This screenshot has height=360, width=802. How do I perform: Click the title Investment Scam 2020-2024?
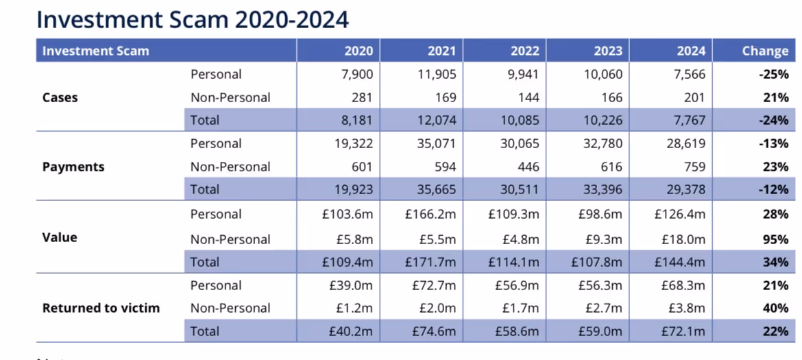193,19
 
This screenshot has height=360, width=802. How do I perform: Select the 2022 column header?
524,51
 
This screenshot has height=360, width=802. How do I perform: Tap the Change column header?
765,51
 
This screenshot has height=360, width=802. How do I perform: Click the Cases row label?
60,97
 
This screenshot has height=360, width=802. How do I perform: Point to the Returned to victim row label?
101,308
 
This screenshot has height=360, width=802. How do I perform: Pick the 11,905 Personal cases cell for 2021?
437,74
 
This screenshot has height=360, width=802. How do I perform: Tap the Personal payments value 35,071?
437,143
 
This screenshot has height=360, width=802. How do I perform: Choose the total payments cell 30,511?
520,189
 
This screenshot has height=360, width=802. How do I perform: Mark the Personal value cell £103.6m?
349,215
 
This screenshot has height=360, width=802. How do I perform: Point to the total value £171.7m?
430,262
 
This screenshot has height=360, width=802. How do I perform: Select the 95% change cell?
775,239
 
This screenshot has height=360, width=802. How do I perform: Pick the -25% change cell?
773,74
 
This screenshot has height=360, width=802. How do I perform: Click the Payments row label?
73,167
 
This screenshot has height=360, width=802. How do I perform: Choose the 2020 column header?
359,51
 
